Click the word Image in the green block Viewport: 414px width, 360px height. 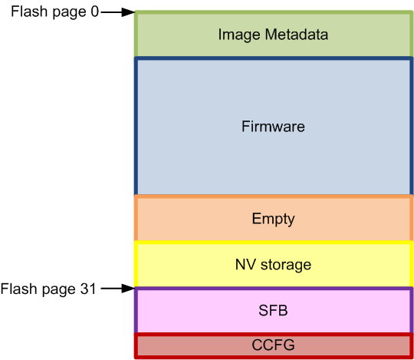coord(235,35)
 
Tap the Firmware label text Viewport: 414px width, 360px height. coord(273,127)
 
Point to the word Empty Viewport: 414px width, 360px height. coord(273,219)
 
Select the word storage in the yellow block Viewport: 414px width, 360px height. coord(284,265)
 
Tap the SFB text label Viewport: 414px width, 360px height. coord(273,311)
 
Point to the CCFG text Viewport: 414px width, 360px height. coord(273,345)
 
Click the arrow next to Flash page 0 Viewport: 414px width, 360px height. coord(118,12)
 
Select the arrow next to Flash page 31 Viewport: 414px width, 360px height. coord(118,289)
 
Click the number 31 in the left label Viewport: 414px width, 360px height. coord(88,289)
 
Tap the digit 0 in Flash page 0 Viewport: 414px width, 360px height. coord(94,12)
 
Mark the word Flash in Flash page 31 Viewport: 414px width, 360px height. coord(16,289)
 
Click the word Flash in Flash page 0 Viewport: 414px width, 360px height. coord(27,12)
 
